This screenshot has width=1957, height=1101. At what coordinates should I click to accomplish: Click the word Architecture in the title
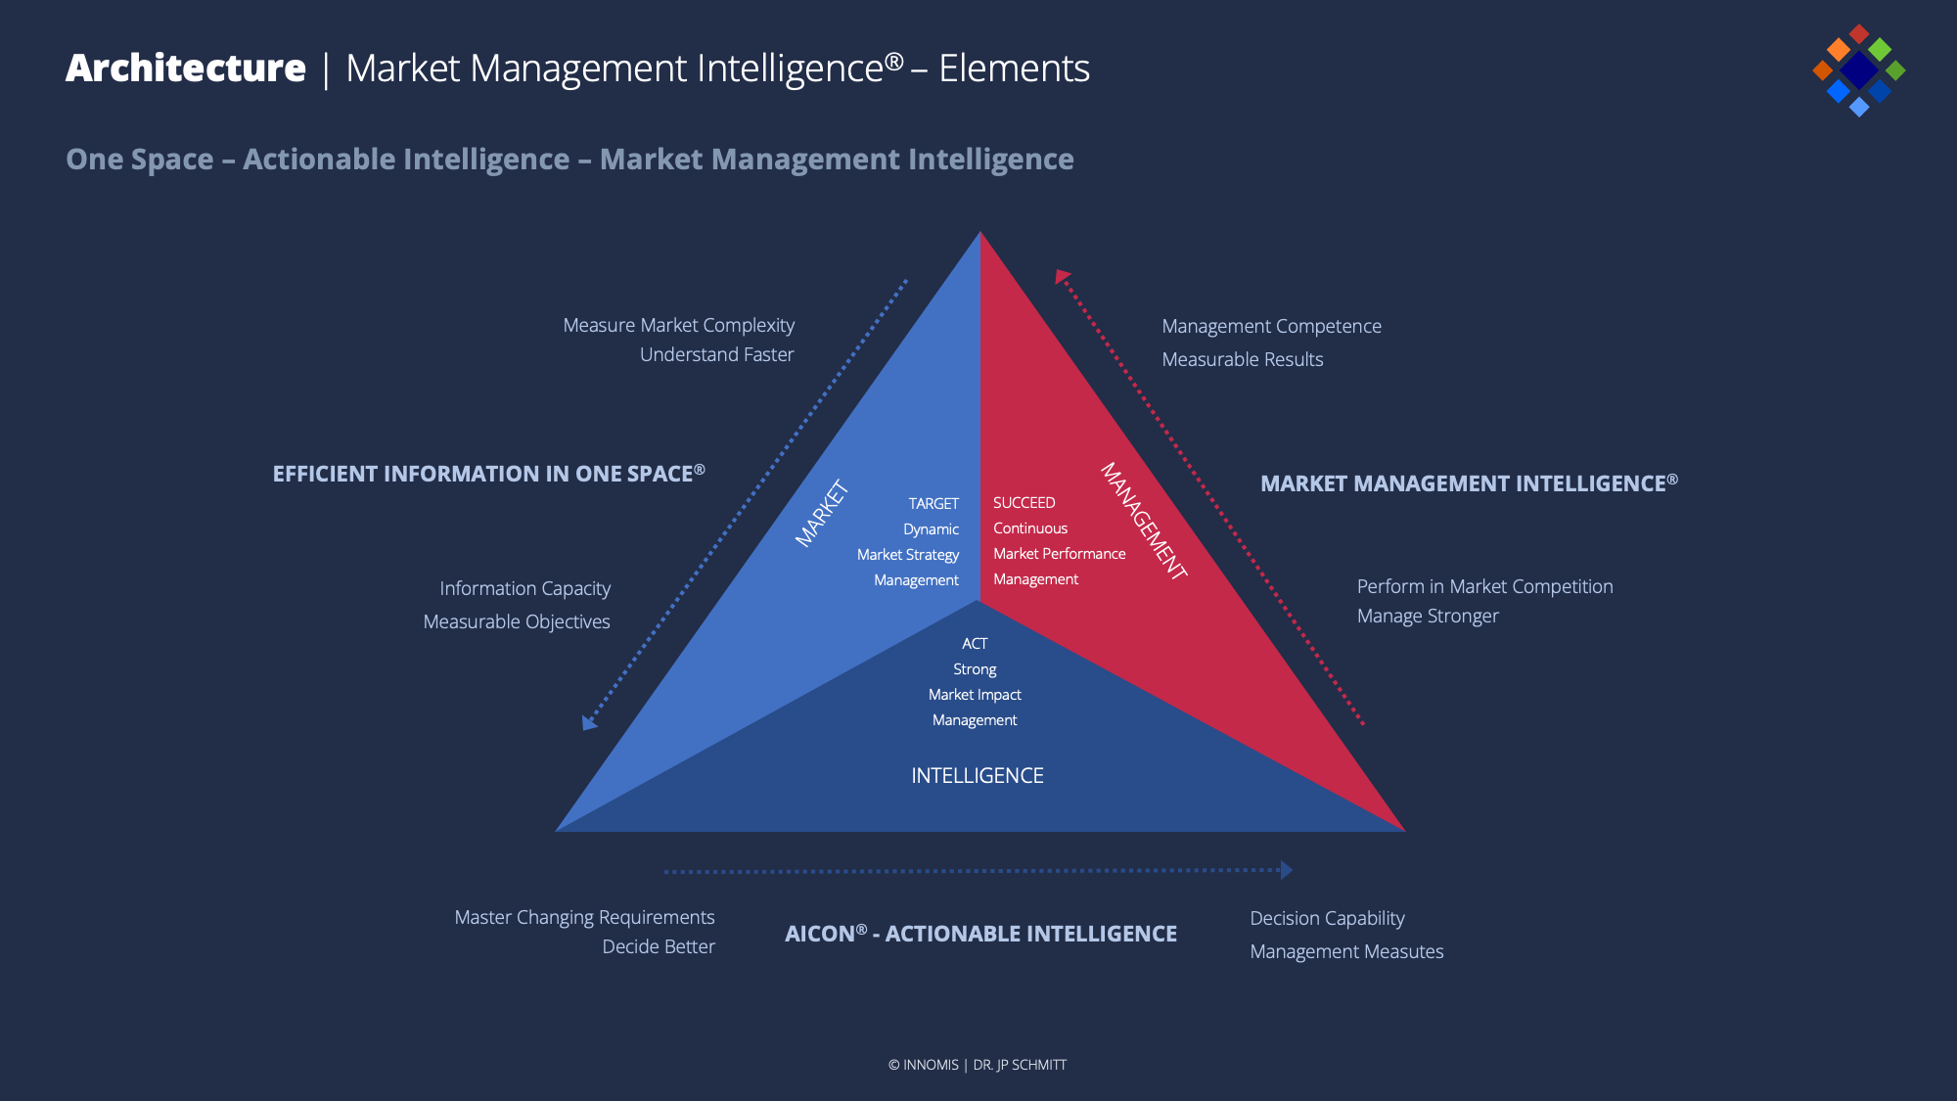(x=186, y=69)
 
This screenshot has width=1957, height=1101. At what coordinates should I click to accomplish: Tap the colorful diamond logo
(x=1858, y=69)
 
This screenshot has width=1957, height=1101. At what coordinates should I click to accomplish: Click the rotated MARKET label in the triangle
(x=822, y=513)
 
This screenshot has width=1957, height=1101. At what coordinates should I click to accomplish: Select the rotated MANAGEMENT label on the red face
(x=1144, y=522)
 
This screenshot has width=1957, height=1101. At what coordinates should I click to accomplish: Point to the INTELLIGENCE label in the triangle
(x=977, y=776)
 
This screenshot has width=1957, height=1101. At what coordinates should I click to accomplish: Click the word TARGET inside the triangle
(x=933, y=504)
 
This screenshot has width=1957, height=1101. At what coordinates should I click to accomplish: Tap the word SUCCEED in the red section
(x=1024, y=503)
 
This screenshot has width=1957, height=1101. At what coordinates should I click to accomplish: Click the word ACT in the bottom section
(x=975, y=644)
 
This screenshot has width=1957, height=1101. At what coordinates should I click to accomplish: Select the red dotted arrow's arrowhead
(x=1062, y=277)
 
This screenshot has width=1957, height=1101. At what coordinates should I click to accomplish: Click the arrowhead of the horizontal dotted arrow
(x=1287, y=870)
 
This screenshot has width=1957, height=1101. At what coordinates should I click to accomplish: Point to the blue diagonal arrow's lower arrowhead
(x=589, y=723)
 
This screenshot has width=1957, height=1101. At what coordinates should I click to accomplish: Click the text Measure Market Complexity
(x=679, y=325)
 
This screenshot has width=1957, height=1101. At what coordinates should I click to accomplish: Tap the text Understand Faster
(x=716, y=354)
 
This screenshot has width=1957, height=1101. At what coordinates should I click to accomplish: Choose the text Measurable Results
(x=1243, y=359)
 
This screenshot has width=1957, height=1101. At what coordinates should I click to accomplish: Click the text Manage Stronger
(x=1428, y=617)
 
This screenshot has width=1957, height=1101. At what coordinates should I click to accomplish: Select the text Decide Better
(x=659, y=946)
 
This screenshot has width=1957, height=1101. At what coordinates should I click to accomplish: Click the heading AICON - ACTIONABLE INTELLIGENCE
(x=980, y=934)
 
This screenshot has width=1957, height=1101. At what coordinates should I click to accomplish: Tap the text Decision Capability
(x=1327, y=918)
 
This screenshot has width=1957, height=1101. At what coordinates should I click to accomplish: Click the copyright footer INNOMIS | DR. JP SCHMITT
(x=978, y=1065)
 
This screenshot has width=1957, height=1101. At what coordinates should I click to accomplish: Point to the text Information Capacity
(x=524, y=588)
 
